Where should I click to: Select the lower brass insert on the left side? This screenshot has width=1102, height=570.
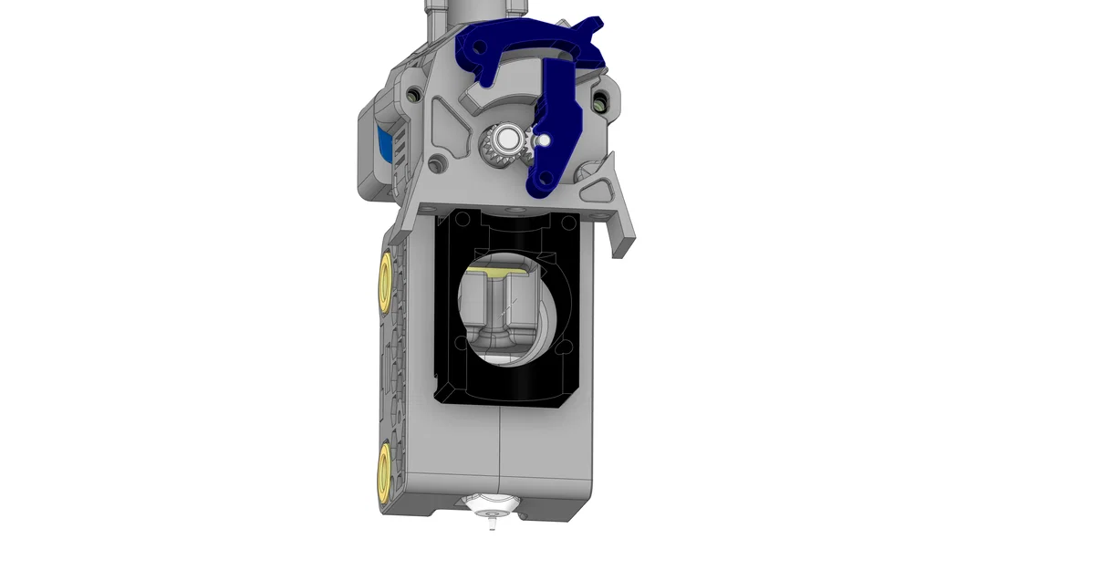(384, 469)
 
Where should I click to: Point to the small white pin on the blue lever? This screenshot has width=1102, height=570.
(543, 140)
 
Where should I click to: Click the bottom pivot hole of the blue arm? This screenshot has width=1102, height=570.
(544, 181)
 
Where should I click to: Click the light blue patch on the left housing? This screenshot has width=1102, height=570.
(385, 146)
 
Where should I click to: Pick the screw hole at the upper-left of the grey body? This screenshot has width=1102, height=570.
(415, 94)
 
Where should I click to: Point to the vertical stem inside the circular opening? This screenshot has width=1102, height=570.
(499, 306)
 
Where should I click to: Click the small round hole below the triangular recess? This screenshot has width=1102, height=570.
(437, 165)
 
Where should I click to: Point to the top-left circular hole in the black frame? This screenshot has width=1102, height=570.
(463, 219)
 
